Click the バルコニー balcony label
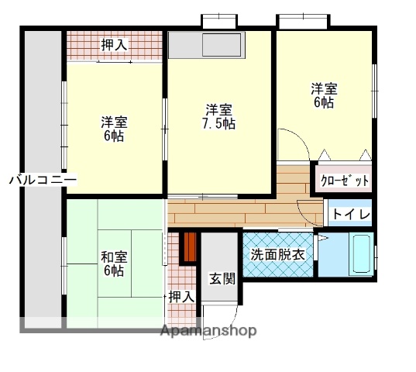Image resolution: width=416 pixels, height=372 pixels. [42, 179]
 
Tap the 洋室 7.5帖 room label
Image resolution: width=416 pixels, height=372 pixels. [220, 116]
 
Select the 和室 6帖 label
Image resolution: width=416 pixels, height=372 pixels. [113, 263]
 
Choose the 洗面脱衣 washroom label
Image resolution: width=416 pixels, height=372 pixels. [277, 254]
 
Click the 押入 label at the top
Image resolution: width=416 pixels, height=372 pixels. [115, 45]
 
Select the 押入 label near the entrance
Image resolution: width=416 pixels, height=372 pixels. [181, 295]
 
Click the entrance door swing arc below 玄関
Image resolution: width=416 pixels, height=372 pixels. [221, 314]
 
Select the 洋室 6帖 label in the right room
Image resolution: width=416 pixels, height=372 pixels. [324, 95]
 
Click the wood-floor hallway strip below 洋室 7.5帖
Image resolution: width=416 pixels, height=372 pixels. [232, 209]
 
